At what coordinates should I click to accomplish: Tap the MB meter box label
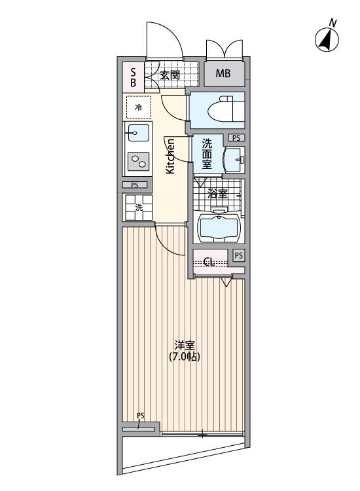pos(223,73)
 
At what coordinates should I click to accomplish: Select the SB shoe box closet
pos(134,77)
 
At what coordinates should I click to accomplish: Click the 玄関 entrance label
pos(170,75)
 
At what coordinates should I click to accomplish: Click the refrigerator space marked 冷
pos(138,107)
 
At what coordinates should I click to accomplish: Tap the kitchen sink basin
pos(138,133)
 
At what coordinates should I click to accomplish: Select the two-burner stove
pos(138,161)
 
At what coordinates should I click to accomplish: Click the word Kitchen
pos(170,156)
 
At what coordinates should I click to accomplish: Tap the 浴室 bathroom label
pos(217,194)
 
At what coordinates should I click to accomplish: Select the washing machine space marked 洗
pos(139,208)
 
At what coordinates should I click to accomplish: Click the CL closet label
pos(209,261)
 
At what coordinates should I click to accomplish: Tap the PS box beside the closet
pos(238,255)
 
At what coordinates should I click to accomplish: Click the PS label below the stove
pos(135,185)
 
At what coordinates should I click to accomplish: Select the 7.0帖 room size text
pos(185,356)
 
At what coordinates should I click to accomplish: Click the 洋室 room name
pos(185,346)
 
